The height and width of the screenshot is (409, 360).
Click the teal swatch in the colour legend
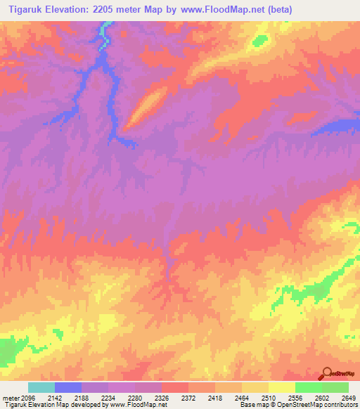pos(41,387)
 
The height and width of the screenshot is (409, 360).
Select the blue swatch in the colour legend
pos(68,387)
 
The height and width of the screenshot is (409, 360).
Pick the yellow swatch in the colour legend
pos(282,387)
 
